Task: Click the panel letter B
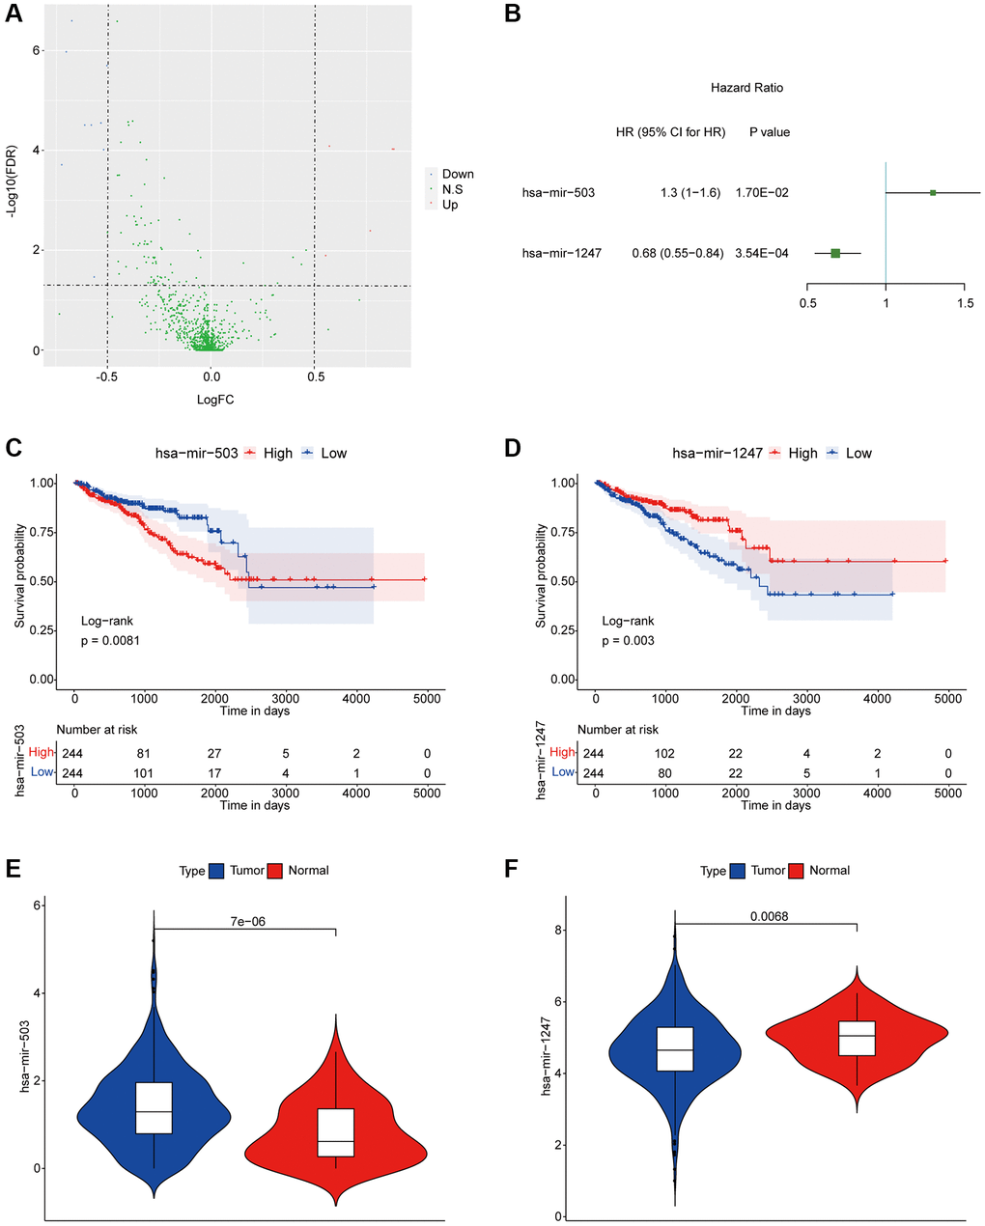pos(513,14)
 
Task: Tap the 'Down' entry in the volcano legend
pos(457,175)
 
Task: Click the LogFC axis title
pos(213,400)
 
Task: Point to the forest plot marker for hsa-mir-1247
pos(835,253)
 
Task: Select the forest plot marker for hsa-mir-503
pos(933,193)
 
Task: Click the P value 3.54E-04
pos(762,254)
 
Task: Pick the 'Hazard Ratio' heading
pos(746,88)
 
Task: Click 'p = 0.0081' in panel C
pos(110,640)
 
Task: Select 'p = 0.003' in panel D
pos(629,640)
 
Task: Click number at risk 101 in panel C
pos(144,773)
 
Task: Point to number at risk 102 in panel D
pos(665,753)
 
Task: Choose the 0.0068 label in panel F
pos(769,915)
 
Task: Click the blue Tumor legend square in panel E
pos(215,871)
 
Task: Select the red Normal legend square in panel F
pos(798,871)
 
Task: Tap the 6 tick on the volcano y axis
pos(37,50)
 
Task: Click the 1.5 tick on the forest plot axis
pos(965,303)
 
